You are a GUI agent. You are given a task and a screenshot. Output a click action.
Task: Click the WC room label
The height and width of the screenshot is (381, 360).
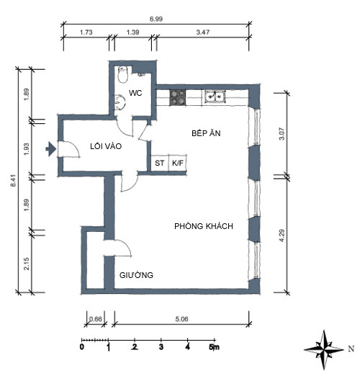(x=135, y=93)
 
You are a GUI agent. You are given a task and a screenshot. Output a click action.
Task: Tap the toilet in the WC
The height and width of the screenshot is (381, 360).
(x=123, y=75)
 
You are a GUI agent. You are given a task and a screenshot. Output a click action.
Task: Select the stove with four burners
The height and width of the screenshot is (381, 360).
(x=178, y=97)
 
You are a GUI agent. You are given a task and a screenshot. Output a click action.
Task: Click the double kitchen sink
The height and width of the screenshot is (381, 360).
(x=215, y=97)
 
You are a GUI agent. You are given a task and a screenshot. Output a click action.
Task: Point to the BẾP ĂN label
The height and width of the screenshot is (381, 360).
(x=206, y=133)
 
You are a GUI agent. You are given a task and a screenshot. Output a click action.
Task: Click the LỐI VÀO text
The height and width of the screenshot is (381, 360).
(x=106, y=146)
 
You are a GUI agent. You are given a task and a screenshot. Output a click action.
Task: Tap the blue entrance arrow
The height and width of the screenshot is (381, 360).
(x=51, y=149)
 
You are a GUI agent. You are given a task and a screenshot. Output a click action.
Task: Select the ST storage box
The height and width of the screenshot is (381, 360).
(x=160, y=163)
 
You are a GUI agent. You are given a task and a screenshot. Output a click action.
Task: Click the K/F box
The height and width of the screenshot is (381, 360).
(x=178, y=163)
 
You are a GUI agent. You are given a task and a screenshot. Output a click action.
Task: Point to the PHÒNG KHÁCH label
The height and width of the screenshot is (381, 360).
(x=204, y=226)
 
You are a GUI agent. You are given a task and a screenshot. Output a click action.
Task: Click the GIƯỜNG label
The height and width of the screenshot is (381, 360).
(x=136, y=275)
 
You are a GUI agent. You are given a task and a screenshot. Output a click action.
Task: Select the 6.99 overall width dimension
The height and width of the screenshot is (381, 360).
(x=156, y=19)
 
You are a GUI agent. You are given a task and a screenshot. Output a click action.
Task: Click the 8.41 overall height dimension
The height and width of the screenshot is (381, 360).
(x=14, y=181)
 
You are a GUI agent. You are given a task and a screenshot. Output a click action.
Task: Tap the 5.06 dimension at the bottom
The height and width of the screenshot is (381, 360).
(x=181, y=319)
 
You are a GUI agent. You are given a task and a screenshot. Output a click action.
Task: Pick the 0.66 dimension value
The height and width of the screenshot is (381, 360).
(x=96, y=319)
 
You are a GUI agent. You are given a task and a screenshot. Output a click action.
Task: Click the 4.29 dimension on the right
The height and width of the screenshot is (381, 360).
(x=282, y=236)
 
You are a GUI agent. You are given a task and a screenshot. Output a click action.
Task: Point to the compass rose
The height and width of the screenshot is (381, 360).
(x=324, y=350)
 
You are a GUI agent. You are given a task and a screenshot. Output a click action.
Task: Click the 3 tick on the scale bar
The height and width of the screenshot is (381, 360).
(x=161, y=347)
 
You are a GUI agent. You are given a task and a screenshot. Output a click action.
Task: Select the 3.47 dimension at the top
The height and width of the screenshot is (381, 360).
(x=203, y=32)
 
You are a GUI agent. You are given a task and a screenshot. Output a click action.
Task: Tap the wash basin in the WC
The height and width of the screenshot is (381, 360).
(x=120, y=102)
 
